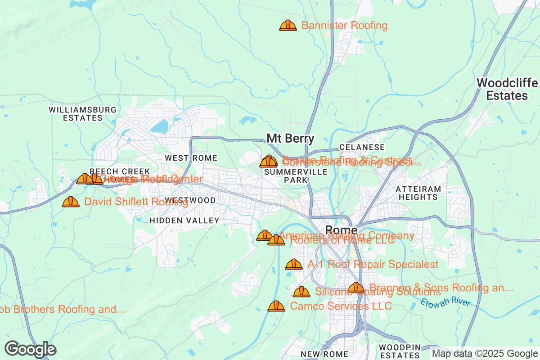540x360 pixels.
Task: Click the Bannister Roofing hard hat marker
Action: [288, 25]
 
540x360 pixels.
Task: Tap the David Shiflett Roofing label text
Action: [136, 202]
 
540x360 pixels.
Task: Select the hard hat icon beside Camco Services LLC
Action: [276, 306]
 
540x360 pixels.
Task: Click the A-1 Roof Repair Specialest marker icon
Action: [294, 265]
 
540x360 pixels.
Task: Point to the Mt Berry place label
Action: [291, 138]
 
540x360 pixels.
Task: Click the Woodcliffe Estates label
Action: [507, 89]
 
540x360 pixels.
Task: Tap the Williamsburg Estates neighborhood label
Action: [82, 114]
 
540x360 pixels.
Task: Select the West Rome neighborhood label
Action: [191, 158]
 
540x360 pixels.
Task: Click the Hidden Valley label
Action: [184, 220]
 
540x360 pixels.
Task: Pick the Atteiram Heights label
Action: [418, 193]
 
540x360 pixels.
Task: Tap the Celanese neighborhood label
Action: [362, 147]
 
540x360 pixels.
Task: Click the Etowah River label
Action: [445, 302]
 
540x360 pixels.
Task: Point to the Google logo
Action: [31, 349]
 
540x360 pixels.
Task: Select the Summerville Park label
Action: [296, 176]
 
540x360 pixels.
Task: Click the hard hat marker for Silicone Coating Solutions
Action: [301, 292]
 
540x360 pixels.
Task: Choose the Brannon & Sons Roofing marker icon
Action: [356, 288]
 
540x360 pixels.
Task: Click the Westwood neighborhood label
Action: [190, 200]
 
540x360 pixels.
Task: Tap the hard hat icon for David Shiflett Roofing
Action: [71, 202]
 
